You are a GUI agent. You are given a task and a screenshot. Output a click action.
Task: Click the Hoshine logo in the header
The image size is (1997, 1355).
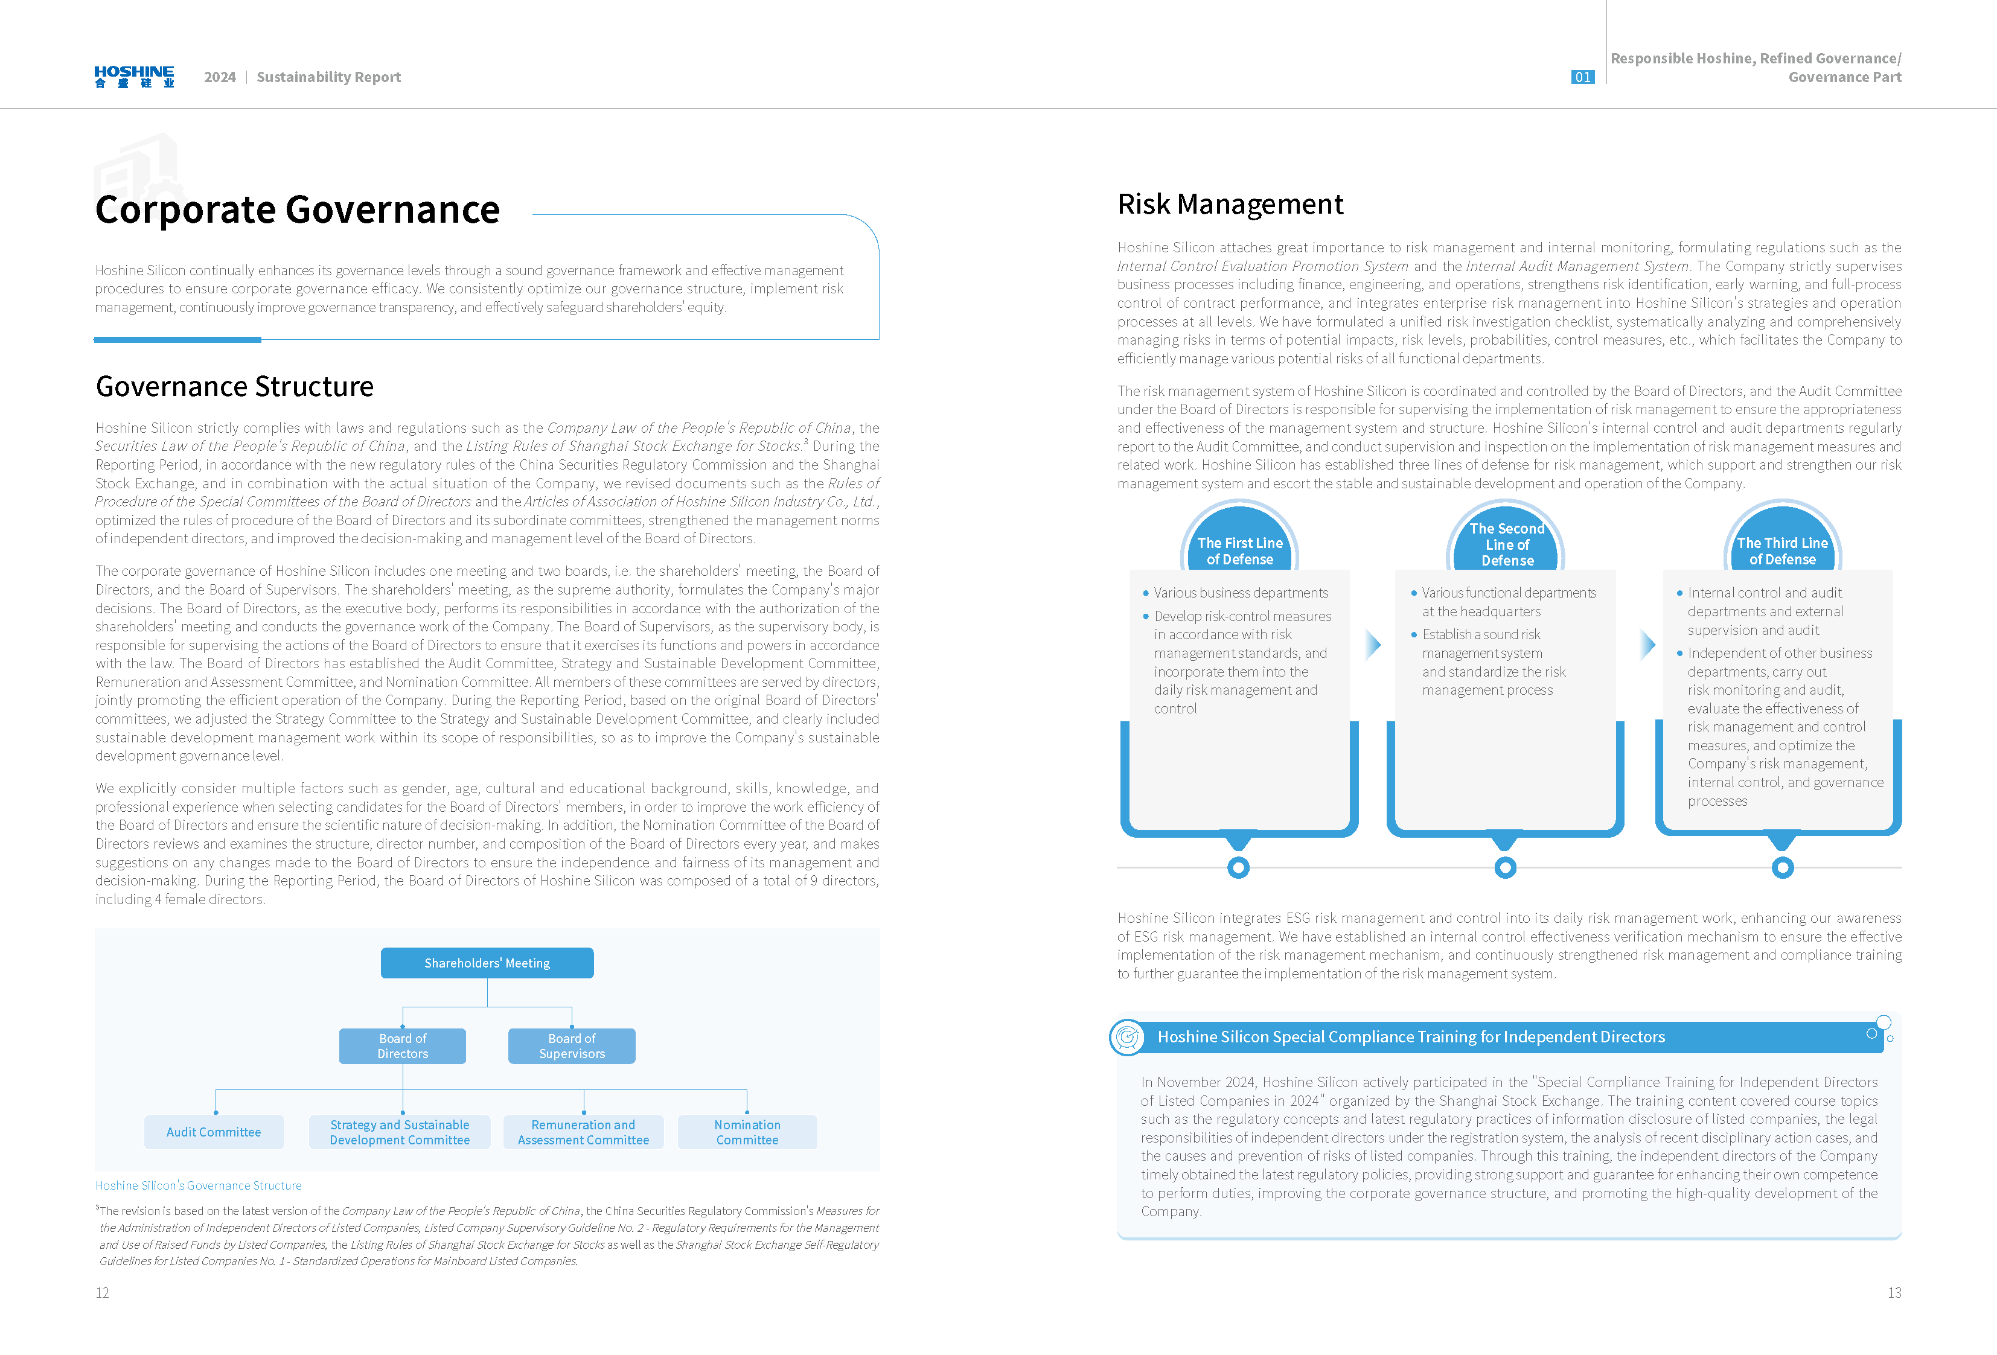[x=134, y=77]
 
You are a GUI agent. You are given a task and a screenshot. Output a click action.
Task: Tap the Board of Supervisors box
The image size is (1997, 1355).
[x=572, y=1046]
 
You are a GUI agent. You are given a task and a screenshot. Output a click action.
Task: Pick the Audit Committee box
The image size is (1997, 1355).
[x=213, y=1132]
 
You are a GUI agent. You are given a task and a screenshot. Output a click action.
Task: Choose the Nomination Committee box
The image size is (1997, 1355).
[x=747, y=1132]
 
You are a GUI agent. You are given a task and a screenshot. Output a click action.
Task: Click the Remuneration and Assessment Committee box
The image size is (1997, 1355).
[x=583, y=1132]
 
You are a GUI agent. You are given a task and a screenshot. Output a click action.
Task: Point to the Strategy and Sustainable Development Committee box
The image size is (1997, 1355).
[x=400, y=1132]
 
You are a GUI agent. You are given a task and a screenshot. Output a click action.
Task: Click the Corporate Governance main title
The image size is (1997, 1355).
[x=297, y=209]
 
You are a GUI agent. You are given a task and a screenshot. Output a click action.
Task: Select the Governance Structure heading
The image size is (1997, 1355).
[x=235, y=387]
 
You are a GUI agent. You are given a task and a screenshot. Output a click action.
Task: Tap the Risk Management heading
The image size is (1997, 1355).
[x=1230, y=205]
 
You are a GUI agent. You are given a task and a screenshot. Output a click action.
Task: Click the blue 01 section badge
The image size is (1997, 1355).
[x=1582, y=77]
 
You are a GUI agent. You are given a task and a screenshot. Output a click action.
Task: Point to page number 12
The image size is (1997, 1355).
[x=102, y=1292]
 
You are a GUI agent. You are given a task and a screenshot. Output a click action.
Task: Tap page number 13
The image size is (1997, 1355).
[x=1894, y=1292]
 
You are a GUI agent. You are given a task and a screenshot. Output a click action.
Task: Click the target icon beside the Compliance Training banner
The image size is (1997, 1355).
[x=1126, y=1037]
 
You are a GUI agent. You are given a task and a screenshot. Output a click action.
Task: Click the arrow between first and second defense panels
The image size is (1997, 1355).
[x=1373, y=645]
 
